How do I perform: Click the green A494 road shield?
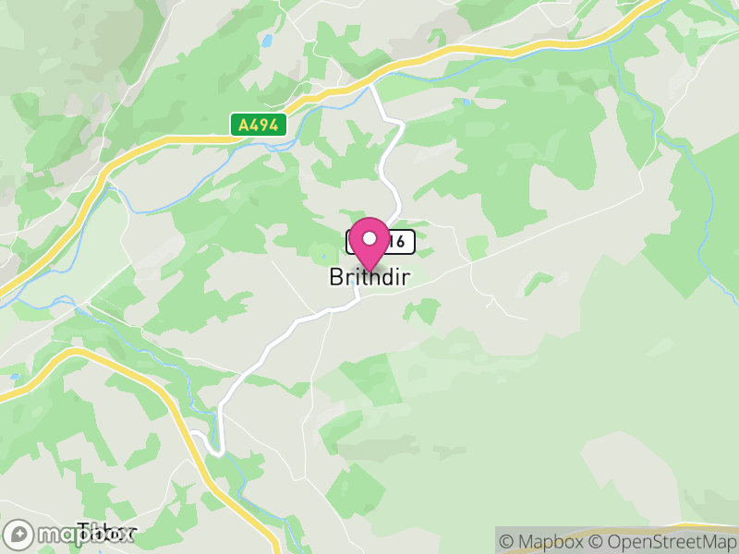(258, 125)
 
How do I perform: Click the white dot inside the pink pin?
(369, 238)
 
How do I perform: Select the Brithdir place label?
(369, 277)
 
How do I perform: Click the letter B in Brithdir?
(336, 277)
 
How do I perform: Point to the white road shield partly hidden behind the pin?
(400, 242)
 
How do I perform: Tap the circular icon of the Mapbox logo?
(18, 535)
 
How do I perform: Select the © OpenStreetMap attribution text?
(662, 542)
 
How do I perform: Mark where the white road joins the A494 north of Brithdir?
(371, 84)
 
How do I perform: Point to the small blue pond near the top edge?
(268, 42)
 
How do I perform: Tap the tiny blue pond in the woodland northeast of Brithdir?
(467, 102)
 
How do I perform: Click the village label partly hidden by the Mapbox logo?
(106, 532)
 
